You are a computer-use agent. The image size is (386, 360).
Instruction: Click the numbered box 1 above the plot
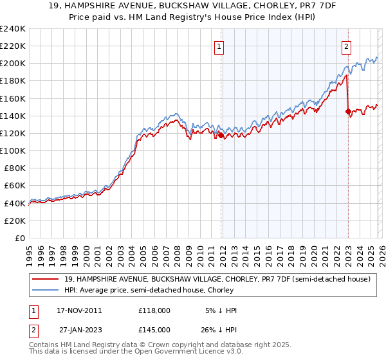click(219, 46)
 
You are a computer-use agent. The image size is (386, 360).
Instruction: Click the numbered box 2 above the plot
click(346, 46)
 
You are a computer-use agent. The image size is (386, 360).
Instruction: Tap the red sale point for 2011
click(221, 135)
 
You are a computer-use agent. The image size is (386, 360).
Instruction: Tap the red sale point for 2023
click(348, 111)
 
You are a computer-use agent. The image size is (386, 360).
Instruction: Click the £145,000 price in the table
click(154, 328)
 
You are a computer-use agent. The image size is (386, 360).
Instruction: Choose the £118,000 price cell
click(154, 310)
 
